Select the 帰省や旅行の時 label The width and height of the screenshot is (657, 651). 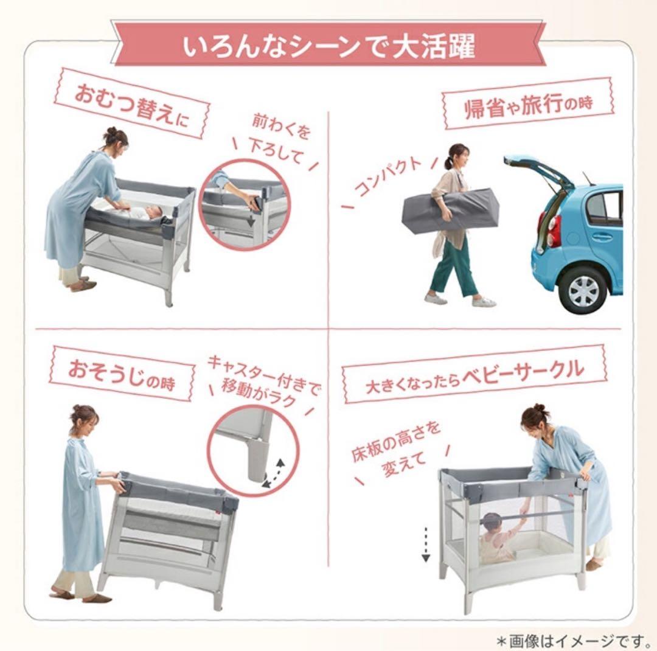pyautogui.click(x=527, y=104)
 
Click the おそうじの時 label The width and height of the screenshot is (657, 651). pyautogui.click(x=121, y=373)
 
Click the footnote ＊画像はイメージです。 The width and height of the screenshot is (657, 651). pyautogui.click(x=572, y=638)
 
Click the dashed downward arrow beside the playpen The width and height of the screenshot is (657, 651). pyautogui.click(x=426, y=544)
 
